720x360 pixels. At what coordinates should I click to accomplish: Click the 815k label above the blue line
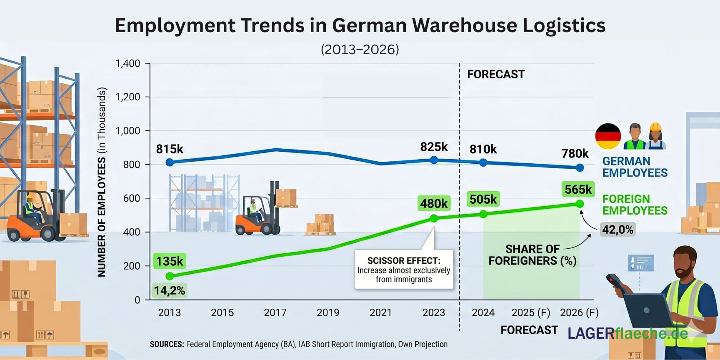(170, 149)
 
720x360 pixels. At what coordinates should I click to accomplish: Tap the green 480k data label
(434, 203)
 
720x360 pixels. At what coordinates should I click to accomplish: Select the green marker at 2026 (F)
(580, 204)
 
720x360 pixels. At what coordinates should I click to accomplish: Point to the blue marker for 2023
(434, 160)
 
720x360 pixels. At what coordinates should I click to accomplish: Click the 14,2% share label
(170, 290)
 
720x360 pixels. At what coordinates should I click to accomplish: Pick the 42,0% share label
(618, 230)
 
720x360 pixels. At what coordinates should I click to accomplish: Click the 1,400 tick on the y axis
(127, 63)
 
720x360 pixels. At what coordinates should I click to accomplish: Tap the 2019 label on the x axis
(328, 312)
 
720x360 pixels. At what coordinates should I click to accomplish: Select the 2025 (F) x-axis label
(531, 312)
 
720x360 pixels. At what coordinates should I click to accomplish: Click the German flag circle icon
(608, 136)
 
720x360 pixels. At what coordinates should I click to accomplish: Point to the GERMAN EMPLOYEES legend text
(635, 167)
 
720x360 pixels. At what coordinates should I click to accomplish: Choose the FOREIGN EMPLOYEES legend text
(635, 205)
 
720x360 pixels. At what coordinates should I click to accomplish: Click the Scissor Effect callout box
(403, 270)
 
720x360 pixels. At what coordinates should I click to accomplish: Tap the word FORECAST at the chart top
(496, 74)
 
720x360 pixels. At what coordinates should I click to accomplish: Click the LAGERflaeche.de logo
(627, 333)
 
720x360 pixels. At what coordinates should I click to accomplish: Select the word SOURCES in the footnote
(167, 344)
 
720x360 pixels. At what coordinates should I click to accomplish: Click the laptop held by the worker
(648, 311)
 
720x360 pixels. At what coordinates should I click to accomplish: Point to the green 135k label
(170, 261)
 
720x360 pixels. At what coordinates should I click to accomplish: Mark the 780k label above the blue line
(575, 153)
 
